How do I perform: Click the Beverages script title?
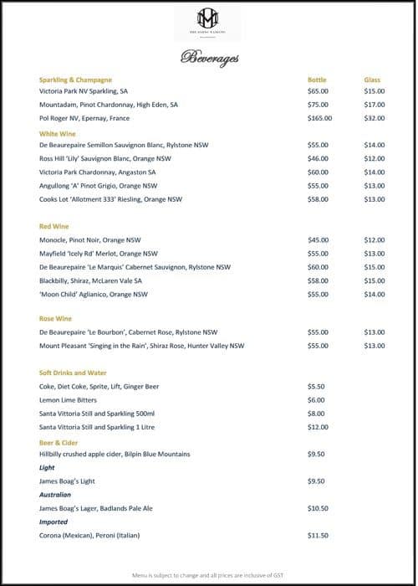[x=209, y=58]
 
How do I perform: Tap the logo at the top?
[x=206, y=19]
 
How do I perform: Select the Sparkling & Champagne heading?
[x=75, y=80]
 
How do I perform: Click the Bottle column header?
[x=317, y=80]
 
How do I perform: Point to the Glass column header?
[x=372, y=80]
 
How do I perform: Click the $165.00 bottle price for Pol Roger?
[x=319, y=118]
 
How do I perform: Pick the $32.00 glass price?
[x=375, y=118]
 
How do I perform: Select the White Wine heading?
[x=58, y=133]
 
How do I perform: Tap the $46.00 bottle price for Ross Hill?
[x=318, y=158]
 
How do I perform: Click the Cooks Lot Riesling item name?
[x=110, y=199]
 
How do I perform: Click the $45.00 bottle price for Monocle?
[x=318, y=239]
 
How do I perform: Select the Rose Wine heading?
[x=55, y=318]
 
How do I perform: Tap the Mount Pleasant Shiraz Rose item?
[x=141, y=345]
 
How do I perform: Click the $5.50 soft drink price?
[x=316, y=386]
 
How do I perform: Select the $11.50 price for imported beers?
[x=318, y=535]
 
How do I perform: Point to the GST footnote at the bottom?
[x=209, y=576]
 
